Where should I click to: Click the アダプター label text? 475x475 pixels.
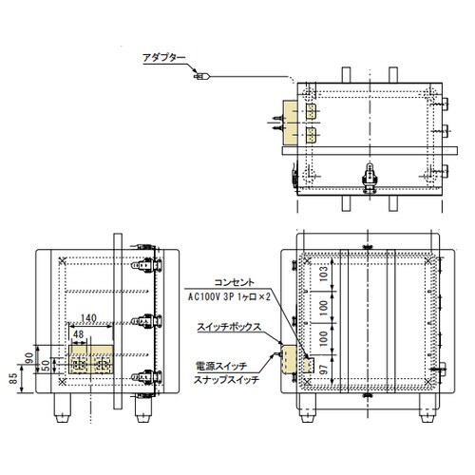164,57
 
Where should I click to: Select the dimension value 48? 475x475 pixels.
77,334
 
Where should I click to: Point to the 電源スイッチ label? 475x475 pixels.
220,364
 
